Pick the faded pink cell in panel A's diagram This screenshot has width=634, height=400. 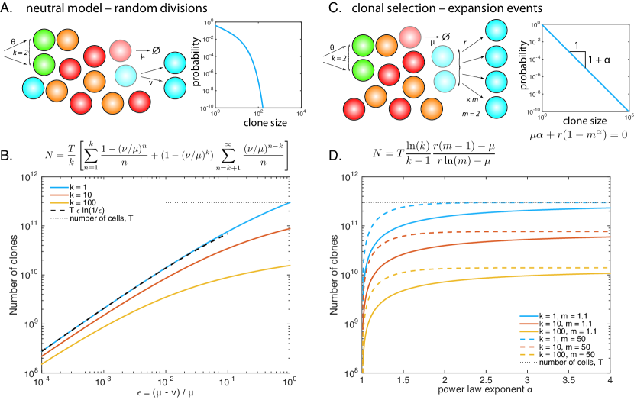pyautogui.click(x=121, y=51)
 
